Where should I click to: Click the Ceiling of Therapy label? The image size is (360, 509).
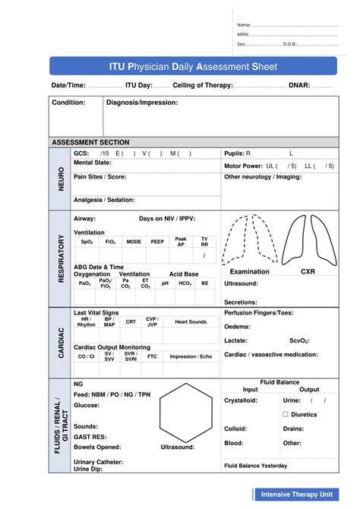click(203, 86)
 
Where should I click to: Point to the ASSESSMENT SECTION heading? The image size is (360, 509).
click(90, 142)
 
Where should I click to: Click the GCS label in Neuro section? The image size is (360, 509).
click(81, 153)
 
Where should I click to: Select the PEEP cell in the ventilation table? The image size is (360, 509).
click(157, 242)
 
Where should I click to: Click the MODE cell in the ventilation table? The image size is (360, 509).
click(134, 242)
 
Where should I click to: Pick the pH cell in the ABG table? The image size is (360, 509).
click(165, 283)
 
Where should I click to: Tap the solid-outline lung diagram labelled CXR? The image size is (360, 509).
click(308, 239)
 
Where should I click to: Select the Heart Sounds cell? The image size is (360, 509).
click(191, 322)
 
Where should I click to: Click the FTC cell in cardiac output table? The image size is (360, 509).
click(152, 356)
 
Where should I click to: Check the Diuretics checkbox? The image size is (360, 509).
click(285, 414)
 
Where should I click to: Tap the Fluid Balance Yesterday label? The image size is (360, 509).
click(255, 465)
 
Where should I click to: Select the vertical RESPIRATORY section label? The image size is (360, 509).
click(59, 258)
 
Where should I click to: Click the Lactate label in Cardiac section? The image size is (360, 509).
click(236, 341)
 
